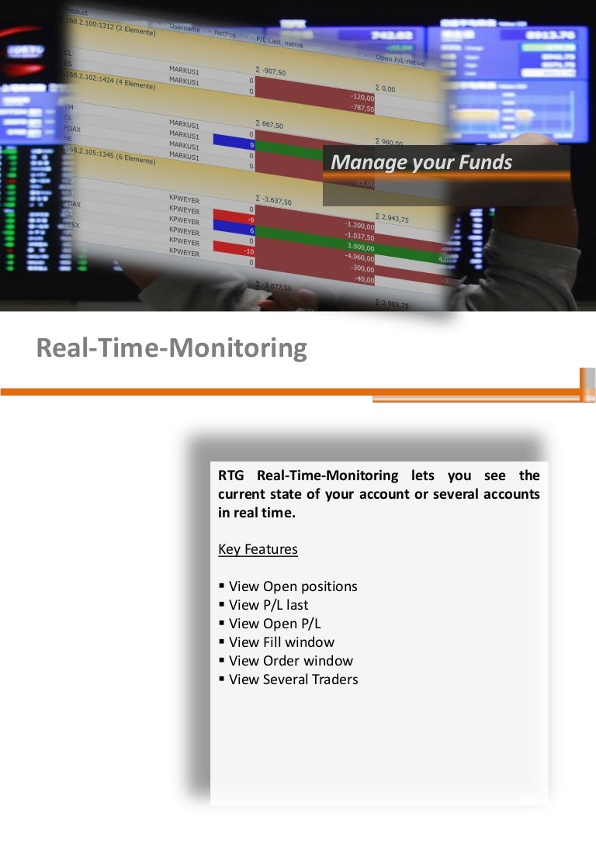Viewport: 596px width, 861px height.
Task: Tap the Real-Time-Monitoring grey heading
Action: (172, 348)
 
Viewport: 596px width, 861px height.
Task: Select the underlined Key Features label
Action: (258, 549)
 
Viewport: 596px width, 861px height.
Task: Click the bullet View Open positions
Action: (293, 586)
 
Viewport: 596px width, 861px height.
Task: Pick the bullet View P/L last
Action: (268, 605)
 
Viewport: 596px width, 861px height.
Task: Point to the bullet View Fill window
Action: (281, 642)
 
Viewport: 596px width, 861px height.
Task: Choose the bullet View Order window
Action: (290, 661)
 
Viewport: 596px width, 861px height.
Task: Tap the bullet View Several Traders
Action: (293, 679)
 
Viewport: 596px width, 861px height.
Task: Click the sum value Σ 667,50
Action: (269, 124)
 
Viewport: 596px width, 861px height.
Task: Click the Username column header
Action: (185, 28)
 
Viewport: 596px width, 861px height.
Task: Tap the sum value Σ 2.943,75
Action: (392, 218)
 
